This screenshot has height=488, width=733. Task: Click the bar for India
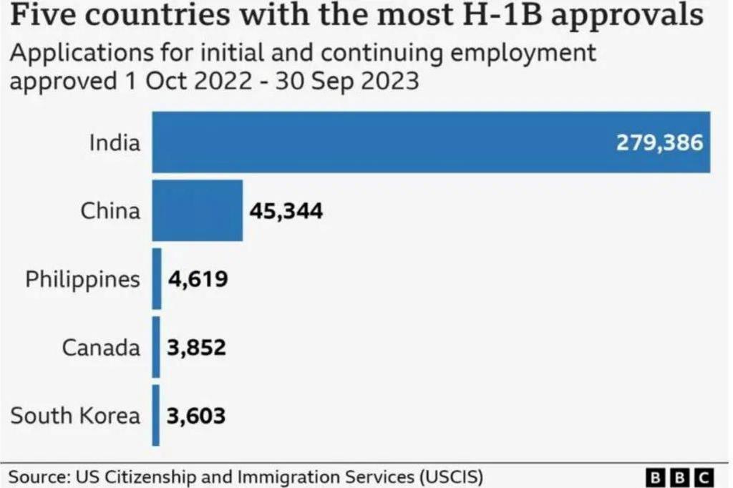[429, 142]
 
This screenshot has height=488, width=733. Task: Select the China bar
[197, 210]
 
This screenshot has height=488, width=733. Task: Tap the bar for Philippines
[157, 278]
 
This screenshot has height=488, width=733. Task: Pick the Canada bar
[156, 347]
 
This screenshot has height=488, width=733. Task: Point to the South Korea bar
[155, 415]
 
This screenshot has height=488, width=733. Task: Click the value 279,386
[659, 142]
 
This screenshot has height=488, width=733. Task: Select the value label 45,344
[286, 211]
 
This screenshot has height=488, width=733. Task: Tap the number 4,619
[198, 278]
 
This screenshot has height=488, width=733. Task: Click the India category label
[115, 142]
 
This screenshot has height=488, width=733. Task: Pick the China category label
[110, 210]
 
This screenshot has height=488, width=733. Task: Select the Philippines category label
[83, 279]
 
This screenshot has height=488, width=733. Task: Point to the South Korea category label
[76, 415]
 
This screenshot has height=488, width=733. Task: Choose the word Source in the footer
[35, 476]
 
